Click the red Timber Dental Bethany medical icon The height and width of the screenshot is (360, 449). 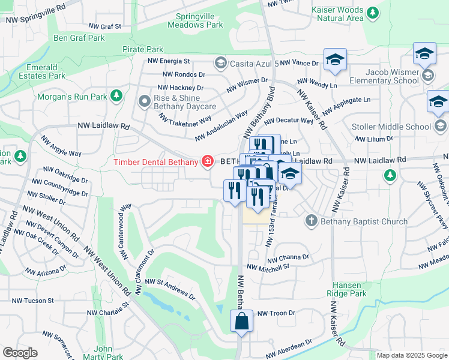click(208, 161)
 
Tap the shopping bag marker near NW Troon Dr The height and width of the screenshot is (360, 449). click(241, 320)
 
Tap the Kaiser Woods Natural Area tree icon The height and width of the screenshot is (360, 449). click(373, 11)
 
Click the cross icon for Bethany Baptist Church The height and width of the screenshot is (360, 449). click(311, 221)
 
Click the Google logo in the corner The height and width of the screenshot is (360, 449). click(20, 353)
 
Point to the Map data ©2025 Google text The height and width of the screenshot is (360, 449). click(411, 355)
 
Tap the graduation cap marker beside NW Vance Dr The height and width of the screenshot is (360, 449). click(335, 59)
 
